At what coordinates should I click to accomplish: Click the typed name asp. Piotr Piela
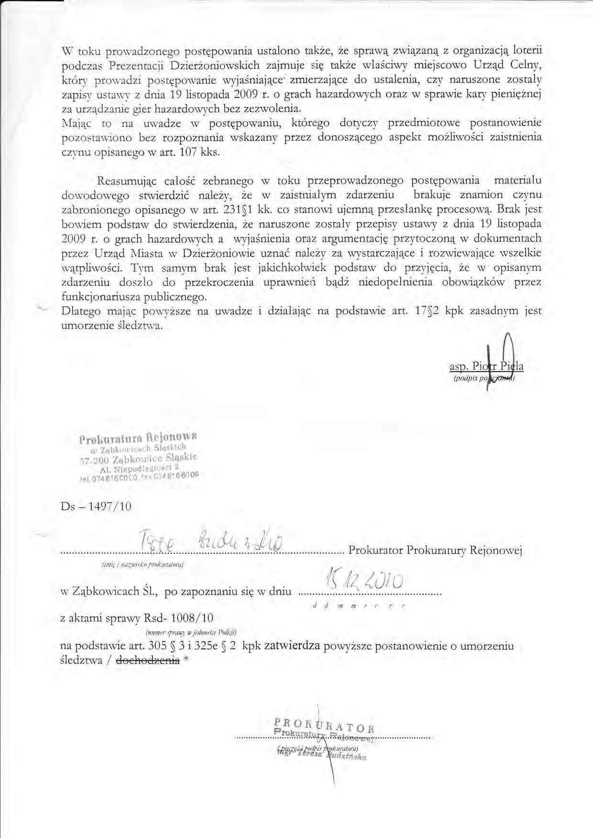(486, 367)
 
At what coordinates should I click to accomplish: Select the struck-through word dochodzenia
(148, 660)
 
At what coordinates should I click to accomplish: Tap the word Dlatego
(81, 311)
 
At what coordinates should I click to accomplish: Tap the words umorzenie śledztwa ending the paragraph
(112, 326)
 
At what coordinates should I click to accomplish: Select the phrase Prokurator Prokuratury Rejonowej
(435, 550)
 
